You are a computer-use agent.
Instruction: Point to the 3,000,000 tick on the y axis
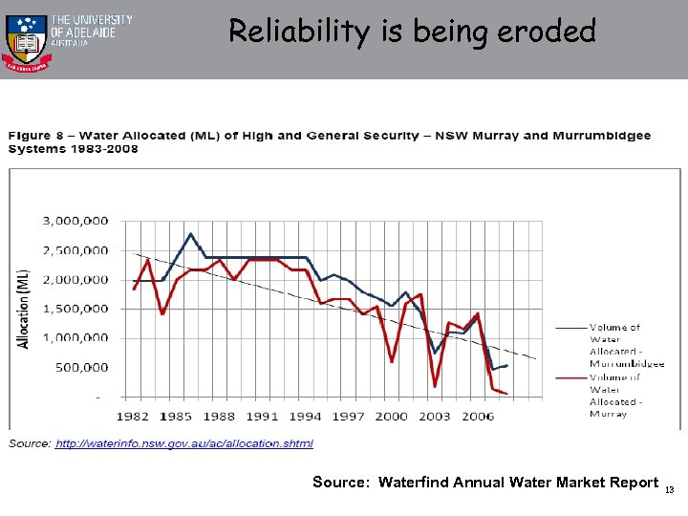click(x=75, y=221)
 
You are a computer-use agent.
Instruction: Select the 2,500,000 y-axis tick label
click(x=75, y=250)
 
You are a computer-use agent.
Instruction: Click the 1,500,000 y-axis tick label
click(x=75, y=309)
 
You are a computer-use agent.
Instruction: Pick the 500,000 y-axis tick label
click(x=82, y=367)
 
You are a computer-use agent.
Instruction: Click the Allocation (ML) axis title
click(x=24, y=308)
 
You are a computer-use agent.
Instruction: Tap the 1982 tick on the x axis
click(x=133, y=416)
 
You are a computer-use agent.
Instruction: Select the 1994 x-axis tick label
click(x=306, y=416)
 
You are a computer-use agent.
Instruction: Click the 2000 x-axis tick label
click(x=393, y=416)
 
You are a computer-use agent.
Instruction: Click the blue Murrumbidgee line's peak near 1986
click(x=191, y=234)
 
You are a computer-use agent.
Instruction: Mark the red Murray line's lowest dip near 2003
click(x=435, y=386)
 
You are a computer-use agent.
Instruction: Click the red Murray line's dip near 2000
click(x=392, y=361)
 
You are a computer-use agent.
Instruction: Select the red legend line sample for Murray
click(x=571, y=377)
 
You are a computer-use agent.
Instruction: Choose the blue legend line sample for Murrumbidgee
click(x=571, y=328)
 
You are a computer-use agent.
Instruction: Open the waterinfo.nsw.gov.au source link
click(x=183, y=443)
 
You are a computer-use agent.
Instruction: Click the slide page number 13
click(x=670, y=490)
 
